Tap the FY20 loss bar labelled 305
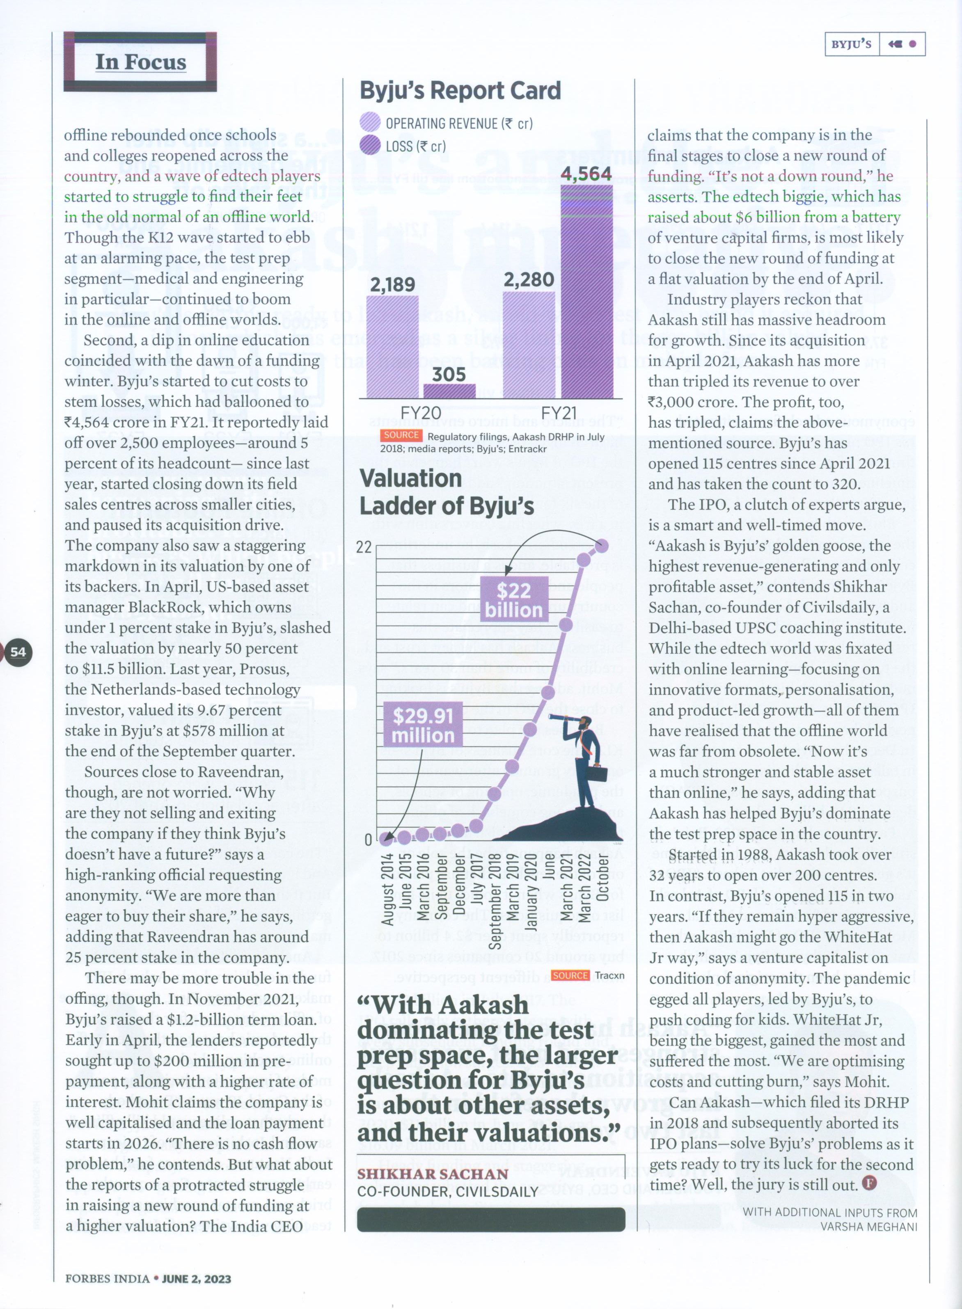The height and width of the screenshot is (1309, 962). click(x=449, y=391)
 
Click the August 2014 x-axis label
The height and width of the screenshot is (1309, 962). click(x=388, y=888)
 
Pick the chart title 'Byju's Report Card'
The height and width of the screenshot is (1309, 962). click(x=460, y=91)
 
